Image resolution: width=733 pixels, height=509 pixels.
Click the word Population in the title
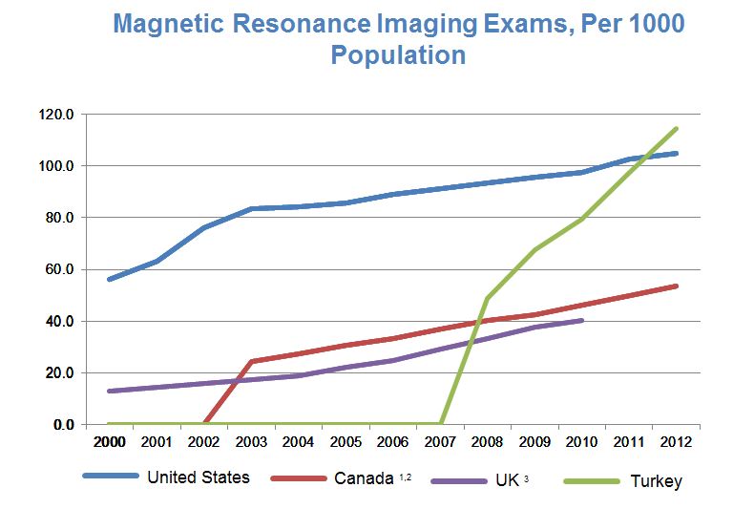pyautogui.click(x=398, y=54)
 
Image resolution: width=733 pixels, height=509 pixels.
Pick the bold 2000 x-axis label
pyautogui.click(x=110, y=443)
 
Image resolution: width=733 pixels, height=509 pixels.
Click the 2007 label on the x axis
pyautogui.click(x=440, y=443)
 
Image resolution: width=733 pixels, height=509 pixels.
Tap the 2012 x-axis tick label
pyautogui.click(x=676, y=443)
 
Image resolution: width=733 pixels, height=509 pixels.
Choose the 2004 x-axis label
pyautogui.click(x=299, y=443)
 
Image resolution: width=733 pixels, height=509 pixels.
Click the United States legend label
pyautogui.click(x=198, y=477)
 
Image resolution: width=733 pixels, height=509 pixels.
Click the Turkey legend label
pyautogui.click(x=657, y=480)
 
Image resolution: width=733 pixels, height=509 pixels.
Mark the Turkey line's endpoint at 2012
pyautogui.click(x=677, y=128)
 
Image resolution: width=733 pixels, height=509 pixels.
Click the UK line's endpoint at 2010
pyautogui.click(x=582, y=320)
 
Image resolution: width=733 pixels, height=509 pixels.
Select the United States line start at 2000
pyautogui.click(x=110, y=279)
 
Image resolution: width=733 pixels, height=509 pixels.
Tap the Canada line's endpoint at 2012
pyautogui.click(x=677, y=286)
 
